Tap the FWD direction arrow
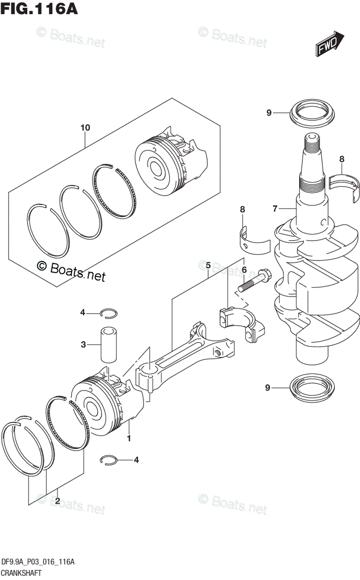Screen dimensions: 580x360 330,43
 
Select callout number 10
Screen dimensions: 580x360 86,128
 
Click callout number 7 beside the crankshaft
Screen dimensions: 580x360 274,209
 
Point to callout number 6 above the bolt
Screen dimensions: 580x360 245,270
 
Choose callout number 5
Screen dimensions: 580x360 208,265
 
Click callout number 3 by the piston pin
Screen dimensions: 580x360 83,345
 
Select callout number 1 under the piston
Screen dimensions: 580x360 129,438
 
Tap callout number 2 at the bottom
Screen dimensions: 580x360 57,501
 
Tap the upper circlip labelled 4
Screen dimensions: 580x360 109,313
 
